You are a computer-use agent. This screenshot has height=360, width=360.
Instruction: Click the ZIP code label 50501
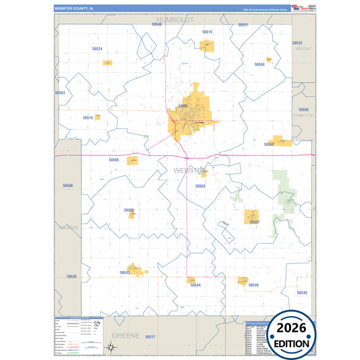click(182, 106)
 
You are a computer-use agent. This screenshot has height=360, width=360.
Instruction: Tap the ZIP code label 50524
click(97, 49)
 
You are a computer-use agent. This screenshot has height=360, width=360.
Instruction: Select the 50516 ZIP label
click(207, 32)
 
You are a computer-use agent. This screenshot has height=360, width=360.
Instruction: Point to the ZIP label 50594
click(259, 65)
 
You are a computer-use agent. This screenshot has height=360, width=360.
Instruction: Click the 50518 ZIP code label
click(87, 118)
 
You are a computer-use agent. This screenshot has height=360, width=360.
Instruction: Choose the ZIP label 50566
click(113, 160)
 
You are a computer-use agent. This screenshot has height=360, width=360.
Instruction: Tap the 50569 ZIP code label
click(200, 186)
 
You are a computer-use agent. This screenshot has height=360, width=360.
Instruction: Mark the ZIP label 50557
click(254, 222)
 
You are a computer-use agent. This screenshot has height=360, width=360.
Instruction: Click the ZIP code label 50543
click(124, 273)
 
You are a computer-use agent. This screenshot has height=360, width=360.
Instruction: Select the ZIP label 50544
click(195, 285)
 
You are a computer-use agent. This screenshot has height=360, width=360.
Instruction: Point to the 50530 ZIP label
click(253, 285)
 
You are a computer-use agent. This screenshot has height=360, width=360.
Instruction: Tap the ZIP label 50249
click(302, 292)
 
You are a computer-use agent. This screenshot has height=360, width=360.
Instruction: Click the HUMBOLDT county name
click(174, 20)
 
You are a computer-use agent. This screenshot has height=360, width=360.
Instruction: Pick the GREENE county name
click(125, 335)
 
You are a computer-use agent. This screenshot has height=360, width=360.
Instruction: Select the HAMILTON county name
click(303, 115)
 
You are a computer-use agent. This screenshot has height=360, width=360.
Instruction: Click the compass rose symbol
click(111, 347)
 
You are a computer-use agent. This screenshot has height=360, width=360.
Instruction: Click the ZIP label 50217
click(151, 336)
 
